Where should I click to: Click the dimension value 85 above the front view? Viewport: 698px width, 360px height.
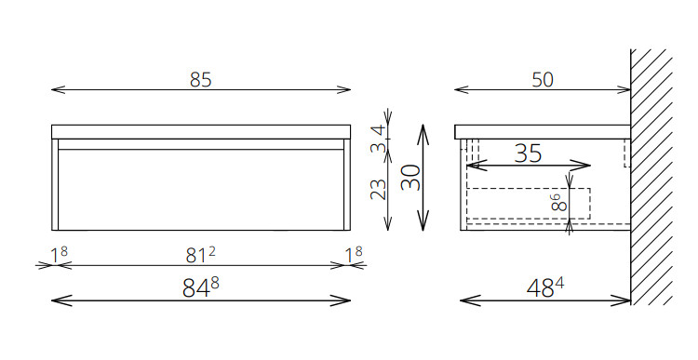pyautogui.click(x=201, y=80)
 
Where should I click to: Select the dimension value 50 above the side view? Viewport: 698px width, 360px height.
pyautogui.click(x=543, y=80)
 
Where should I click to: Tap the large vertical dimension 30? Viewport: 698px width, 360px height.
pyautogui.click(x=410, y=177)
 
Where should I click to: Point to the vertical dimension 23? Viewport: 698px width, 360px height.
pyautogui.click(x=379, y=190)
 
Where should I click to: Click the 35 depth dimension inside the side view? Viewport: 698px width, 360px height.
pyautogui.click(x=528, y=153)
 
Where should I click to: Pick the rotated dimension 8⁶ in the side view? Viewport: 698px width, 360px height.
pyautogui.click(x=559, y=203)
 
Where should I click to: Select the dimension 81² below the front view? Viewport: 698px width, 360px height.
pyautogui.click(x=200, y=255)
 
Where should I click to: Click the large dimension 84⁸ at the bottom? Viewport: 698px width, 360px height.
pyautogui.click(x=200, y=288)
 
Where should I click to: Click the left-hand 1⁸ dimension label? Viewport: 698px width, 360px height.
pyautogui.click(x=59, y=256)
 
